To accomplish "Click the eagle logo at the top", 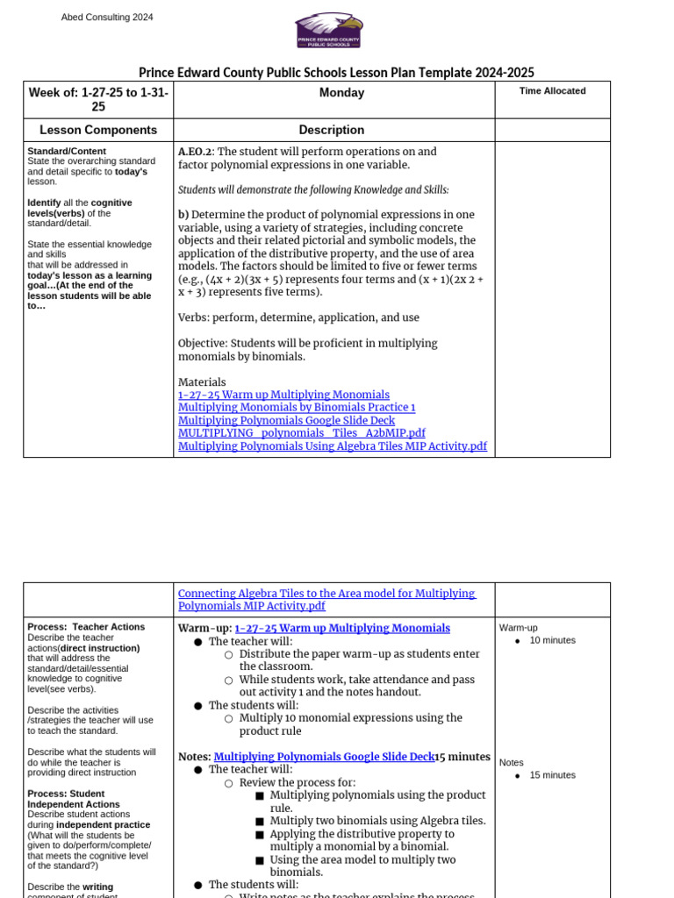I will pos(328,30).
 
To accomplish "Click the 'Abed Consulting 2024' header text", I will pos(107,18).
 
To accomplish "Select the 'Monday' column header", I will pos(341,93).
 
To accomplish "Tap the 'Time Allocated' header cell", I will pos(552,91).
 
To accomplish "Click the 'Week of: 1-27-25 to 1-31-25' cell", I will pos(98,99).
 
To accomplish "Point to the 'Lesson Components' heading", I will pos(98,130).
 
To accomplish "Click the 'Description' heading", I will pos(331,130).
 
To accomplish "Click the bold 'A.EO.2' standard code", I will pos(195,152).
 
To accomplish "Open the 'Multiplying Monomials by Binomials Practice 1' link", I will pos(297,408).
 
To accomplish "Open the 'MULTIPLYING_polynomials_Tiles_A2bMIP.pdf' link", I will pos(301,433).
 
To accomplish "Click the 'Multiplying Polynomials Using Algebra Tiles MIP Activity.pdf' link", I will pos(332,446).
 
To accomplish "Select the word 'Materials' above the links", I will pos(202,382).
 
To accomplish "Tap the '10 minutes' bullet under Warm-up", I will pos(552,640).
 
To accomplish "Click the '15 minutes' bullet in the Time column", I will pos(552,775).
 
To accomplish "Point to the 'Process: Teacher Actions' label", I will pos(86,627).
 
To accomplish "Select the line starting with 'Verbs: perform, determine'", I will pos(298,317).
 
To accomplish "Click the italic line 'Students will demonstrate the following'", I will pos(313,190).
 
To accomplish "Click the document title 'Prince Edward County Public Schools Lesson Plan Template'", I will pos(336,73).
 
